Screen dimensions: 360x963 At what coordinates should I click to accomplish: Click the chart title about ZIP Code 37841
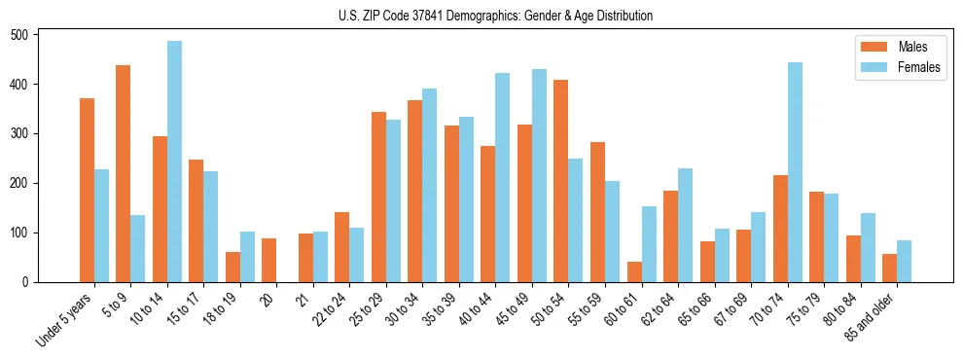coord(481,17)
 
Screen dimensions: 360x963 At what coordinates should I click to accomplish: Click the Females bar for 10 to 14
coord(174,162)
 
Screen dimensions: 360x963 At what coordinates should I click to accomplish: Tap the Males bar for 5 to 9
coord(124,174)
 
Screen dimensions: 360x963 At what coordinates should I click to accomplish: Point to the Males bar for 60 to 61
coord(634,271)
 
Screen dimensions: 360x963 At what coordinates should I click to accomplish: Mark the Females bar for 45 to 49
coord(539,176)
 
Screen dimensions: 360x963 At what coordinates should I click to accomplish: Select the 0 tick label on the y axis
coord(29,282)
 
